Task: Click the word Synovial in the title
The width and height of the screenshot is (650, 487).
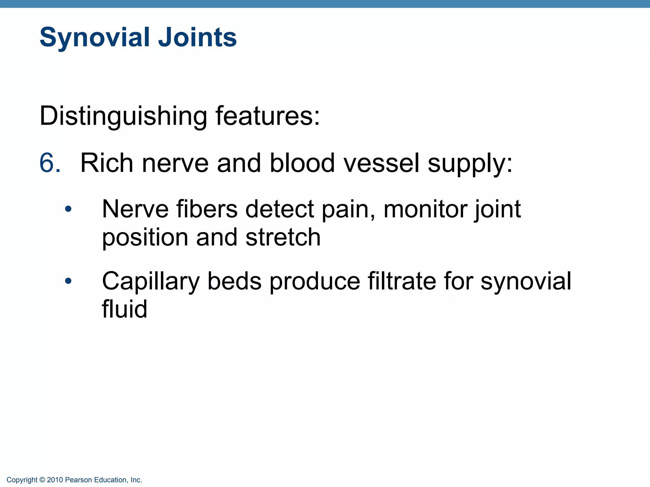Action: [x=95, y=37]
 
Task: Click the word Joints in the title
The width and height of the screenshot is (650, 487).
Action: [x=197, y=37]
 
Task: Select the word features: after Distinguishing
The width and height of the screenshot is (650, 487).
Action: [x=268, y=116]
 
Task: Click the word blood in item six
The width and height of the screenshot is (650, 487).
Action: [x=302, y=163]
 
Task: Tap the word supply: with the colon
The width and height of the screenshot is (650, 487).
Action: [x=470, y=164]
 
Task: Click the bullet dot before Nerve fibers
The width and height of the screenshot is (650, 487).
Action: [x=68, y=209]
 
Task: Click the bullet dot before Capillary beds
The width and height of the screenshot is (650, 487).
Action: [x=68, y=281]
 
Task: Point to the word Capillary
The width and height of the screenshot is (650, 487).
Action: [x=150, y=282]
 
